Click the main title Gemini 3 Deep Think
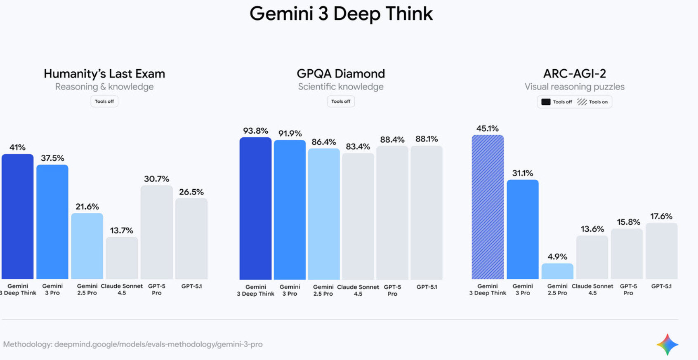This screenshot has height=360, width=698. (x=341, y=14)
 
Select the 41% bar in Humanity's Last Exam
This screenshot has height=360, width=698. (x=18, y=216)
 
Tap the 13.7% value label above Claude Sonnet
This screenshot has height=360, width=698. (x=121, y=230)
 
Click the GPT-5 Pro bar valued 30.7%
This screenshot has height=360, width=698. (x=156, y=232)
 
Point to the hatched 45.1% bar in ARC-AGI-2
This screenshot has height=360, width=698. (x=488, y=207)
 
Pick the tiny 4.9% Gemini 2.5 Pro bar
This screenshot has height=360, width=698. (x=557, y=271)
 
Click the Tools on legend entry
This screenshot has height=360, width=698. (x=593, y=102)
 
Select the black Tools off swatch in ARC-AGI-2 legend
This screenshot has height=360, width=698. (x=546, y=102)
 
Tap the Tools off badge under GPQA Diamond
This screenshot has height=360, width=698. (x=341, y=101)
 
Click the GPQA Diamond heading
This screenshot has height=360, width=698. (x=341, y=74)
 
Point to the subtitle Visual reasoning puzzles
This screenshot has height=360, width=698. (x=574, y=87)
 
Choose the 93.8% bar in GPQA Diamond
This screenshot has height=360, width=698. (x=255, y=208)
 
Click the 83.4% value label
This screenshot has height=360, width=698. (x=358, y=146)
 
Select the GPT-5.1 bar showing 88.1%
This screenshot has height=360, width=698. (x=426, y=212)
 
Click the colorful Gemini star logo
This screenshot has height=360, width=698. (x=667, y=344)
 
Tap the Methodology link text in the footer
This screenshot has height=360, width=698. (x=133, y=344)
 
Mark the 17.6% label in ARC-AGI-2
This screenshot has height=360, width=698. (x=661, y=216)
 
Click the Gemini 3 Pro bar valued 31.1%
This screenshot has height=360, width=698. (x=523, y=229)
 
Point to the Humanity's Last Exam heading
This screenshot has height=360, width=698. (x=104, y=74)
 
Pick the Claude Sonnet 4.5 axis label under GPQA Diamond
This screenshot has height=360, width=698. (x=358, y=290)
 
